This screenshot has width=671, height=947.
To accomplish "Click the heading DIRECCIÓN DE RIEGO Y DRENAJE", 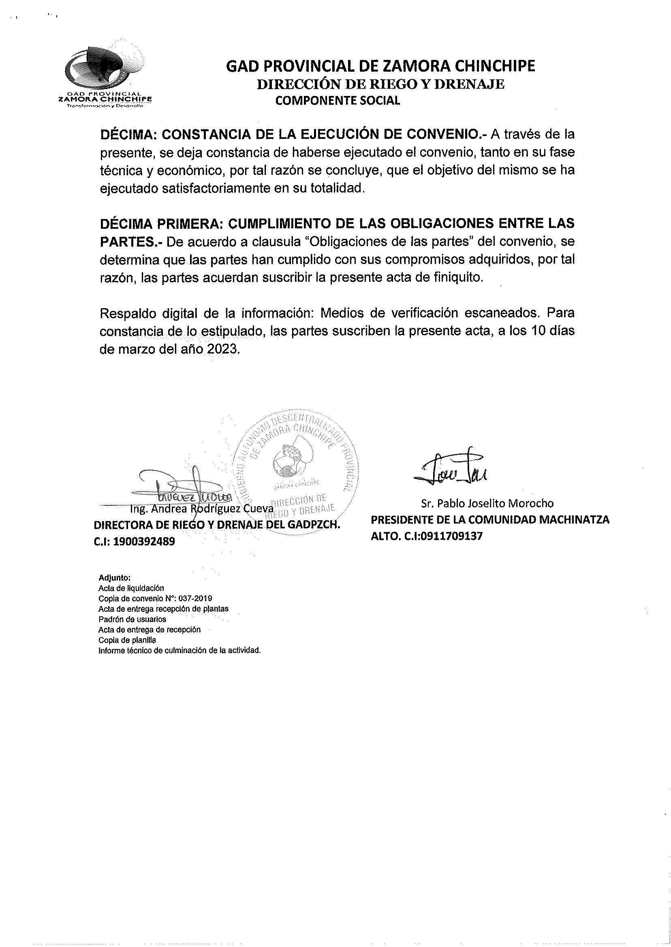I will coord(380,84).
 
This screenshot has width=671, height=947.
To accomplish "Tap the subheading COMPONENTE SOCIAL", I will coord(338,101).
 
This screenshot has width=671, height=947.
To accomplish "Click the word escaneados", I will coord(502,313).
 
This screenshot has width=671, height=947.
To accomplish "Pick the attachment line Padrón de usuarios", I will coord(132,619).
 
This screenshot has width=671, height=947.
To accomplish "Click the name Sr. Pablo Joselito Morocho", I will coord(487,503).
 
